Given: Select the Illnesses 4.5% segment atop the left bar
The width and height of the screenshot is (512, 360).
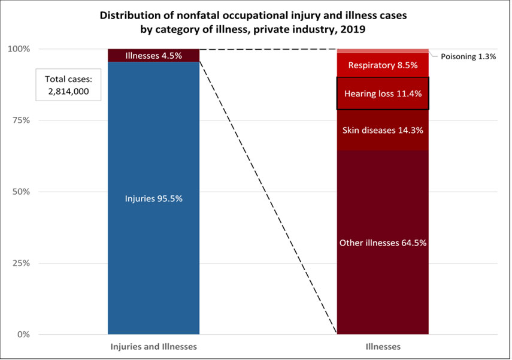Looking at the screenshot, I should point(153,56).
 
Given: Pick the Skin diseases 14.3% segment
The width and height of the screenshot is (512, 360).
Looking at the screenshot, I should point(383,130).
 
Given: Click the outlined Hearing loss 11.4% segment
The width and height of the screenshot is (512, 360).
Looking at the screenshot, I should point(383,93).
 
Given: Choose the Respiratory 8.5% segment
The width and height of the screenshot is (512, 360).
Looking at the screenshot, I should point(383,65).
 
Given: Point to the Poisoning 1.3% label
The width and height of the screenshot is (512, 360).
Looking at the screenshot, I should point(468,56).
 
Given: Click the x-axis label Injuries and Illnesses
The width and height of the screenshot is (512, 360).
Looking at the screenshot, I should point(153,347).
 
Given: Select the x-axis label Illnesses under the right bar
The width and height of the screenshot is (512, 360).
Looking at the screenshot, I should point(383,347).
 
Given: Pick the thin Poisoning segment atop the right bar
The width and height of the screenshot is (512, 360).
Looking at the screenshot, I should point(383,50).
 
